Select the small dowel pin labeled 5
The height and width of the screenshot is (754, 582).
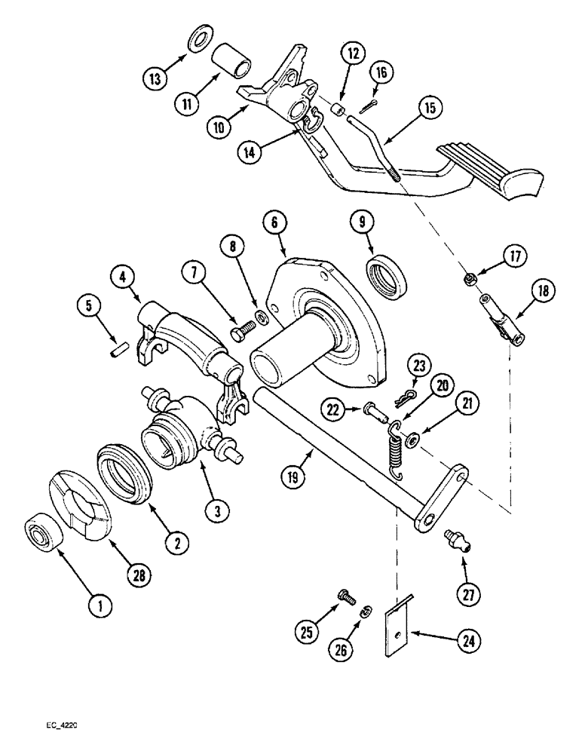tap(116, 352)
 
